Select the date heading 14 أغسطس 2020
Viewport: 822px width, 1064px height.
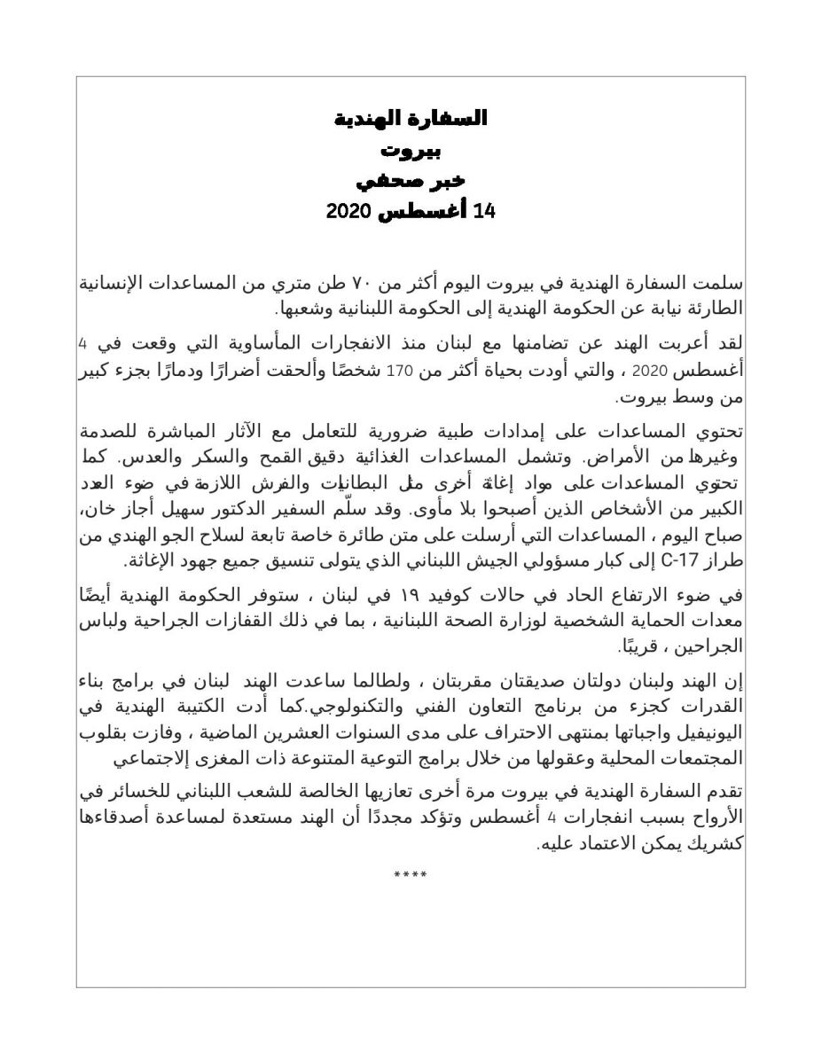410,212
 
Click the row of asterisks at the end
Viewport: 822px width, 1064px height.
411,876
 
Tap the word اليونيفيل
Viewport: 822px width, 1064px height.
703,735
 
